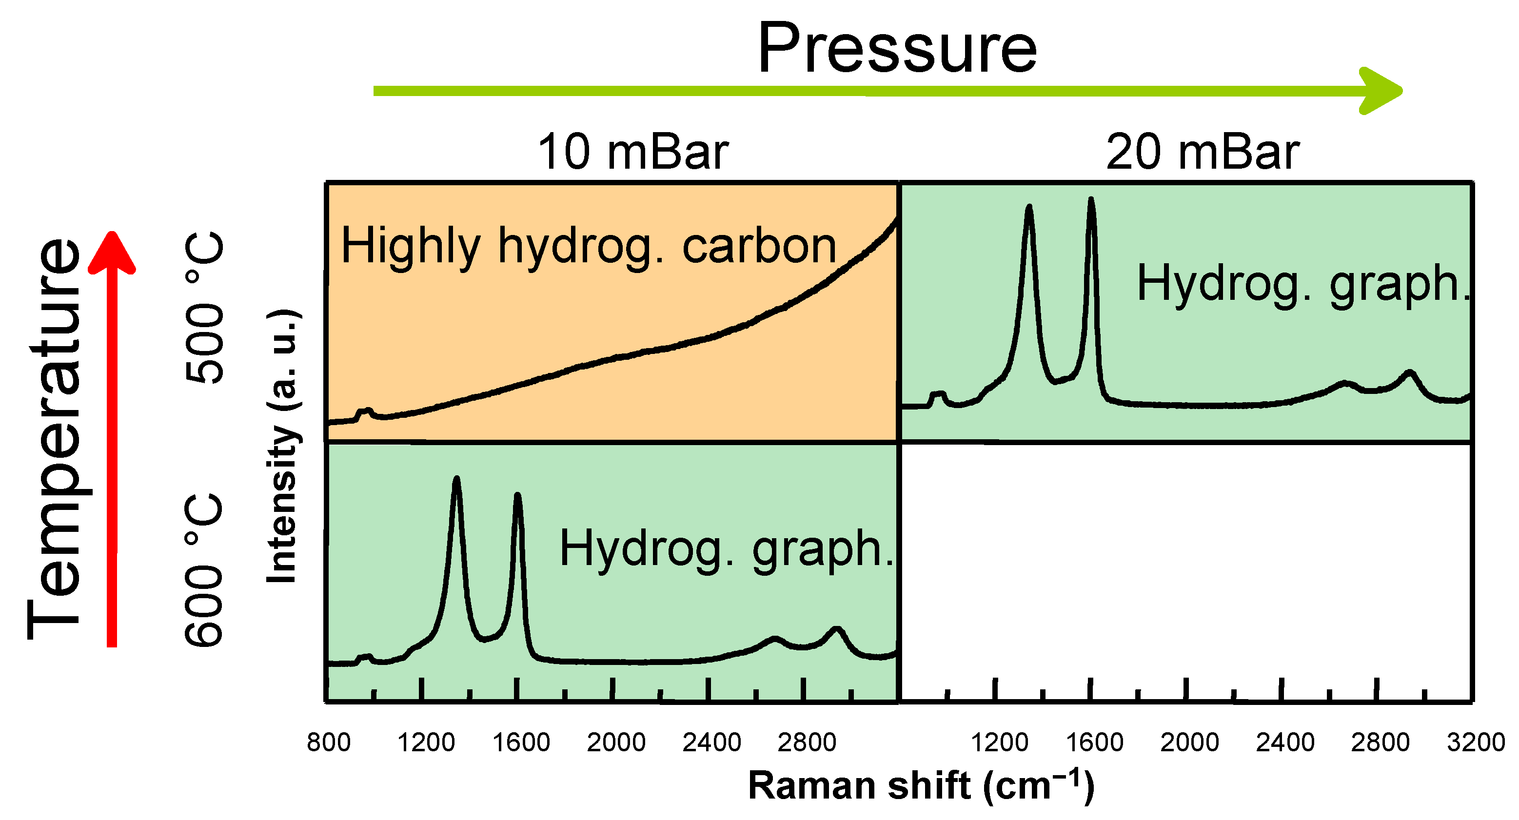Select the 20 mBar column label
coord(1203,152)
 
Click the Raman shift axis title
coord(921,785)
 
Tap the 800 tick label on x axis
coord(329,742)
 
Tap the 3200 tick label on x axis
coord(1476,742)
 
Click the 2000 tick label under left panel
coord(615,742)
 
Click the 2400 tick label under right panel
coord(1285,742)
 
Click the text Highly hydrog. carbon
coord(589,246)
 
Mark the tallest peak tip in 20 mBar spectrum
coord(1091,200)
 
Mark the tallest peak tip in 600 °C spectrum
coord(456,478)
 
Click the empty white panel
coord(1185,566)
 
